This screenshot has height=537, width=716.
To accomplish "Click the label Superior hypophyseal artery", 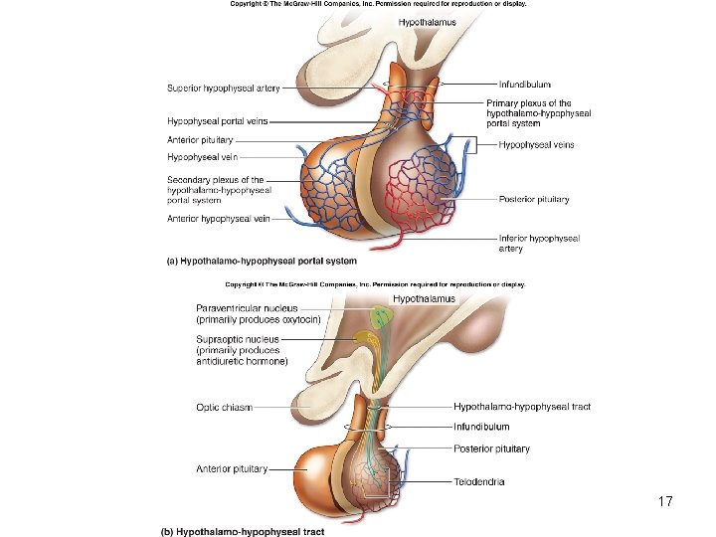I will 223,88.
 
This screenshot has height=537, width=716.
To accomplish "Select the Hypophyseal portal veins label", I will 217,121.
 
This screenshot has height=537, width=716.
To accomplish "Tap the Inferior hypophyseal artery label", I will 539,244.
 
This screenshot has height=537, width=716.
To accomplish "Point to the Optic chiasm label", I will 225,407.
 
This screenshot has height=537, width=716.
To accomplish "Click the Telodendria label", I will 479,481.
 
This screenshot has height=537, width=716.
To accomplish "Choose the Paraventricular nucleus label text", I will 247,313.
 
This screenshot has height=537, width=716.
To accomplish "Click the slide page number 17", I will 665,502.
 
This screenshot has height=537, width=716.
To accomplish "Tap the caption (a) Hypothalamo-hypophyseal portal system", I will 260,262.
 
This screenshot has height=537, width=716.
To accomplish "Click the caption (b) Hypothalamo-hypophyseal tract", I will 243,531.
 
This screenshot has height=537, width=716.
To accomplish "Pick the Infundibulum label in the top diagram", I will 524,86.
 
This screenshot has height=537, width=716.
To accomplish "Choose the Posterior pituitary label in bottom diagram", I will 491,448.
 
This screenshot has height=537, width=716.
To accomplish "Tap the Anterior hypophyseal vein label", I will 219,218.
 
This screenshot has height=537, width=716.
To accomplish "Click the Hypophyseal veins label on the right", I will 536,145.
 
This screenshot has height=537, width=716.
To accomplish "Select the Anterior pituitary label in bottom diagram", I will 231,468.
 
